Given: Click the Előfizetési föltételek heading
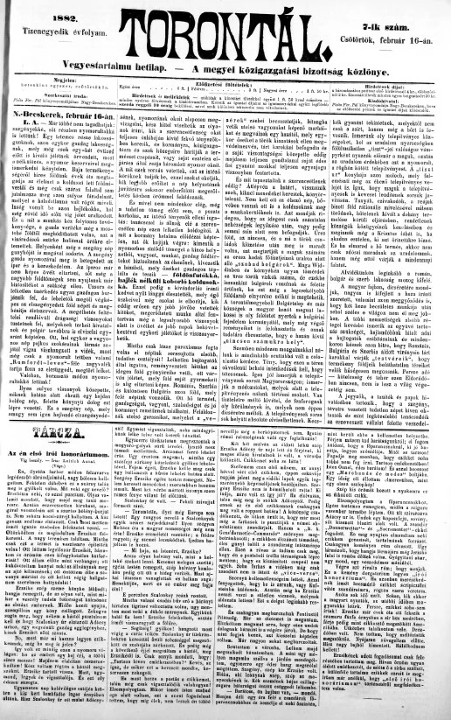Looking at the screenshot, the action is (225, 85).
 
